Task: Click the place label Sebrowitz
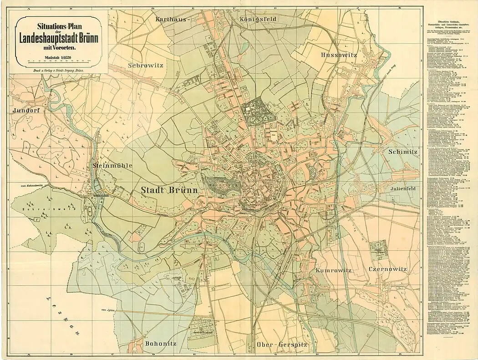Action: point(145,65)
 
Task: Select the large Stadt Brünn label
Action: point(169,190)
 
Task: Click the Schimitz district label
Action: point(402,152)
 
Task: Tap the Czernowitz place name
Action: point(387,269)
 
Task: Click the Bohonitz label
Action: point(160,344)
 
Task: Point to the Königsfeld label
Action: point(258,19)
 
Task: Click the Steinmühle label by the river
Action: point(112,165)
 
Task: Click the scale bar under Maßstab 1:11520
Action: point(63,61)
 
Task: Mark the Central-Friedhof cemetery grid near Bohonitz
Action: point(200,328)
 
